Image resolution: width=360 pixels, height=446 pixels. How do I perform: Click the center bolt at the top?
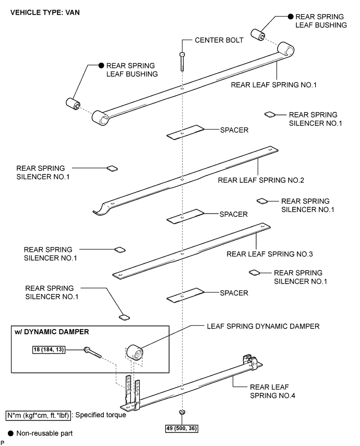(x=182, y=62)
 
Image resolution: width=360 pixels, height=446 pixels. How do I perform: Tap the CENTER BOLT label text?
(x=219, y=40)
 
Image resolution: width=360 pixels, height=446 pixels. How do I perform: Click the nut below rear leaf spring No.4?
(x=182, y=412)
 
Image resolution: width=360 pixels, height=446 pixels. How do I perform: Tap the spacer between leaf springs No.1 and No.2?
(x=185, y=132)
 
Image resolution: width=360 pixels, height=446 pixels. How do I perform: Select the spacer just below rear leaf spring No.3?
(x=185, y=295)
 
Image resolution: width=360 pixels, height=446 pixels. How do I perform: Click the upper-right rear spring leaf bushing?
(x=258, y=34)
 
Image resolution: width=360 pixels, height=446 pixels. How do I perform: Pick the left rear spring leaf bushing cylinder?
(x=74, y=104)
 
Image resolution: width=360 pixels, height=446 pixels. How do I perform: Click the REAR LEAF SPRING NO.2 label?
(x=261, y=180)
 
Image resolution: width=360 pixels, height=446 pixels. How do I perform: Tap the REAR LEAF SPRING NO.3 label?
(x=270, y=254)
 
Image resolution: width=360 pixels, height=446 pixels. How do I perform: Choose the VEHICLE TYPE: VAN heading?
(x=45, y=13)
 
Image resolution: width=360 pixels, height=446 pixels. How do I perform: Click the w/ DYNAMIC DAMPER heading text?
(x=52, y=332)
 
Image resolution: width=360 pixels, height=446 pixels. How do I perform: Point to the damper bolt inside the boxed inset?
(x=93, y=353)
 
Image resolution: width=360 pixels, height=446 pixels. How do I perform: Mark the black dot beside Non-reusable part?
(x=10, y=433)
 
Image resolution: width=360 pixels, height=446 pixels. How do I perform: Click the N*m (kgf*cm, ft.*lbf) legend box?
(x=38, y=415)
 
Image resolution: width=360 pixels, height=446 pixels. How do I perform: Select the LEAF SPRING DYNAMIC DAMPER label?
(x=263, y=326)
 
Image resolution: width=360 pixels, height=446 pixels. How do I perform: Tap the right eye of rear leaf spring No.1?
(x=285, y=50)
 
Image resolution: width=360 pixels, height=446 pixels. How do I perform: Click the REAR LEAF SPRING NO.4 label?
(x=272, y=391)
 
